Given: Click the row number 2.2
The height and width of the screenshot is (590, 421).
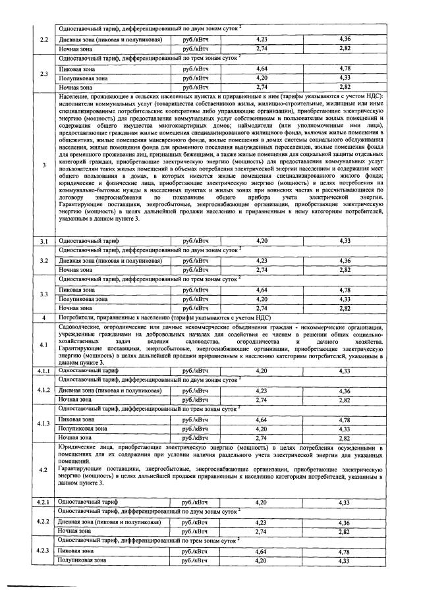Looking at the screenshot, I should pos(44,39).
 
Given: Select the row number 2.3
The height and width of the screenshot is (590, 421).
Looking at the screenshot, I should pos(44,73).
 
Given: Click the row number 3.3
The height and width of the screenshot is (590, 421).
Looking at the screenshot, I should pos(44,294).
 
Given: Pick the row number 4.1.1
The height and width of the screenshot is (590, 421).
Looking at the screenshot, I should pos(44,371).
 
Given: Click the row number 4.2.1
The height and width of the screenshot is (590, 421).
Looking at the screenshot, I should pos(44,502).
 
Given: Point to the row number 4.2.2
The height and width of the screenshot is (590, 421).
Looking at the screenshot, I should pos(44,522).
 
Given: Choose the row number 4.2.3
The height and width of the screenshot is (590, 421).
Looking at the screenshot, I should pos(44,550).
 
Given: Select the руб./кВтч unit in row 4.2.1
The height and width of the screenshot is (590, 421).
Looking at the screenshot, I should pos(195,502).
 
